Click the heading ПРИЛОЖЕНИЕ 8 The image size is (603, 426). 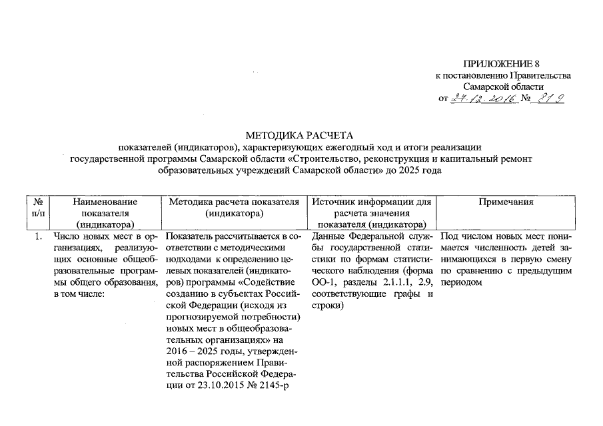click(x=502, y=65)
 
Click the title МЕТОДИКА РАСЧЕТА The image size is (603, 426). click(x=301, y=135)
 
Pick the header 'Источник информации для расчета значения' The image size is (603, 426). click(x=372, y=207)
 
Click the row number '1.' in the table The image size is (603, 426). click(x=39, y=236)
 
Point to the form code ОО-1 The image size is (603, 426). click(x=322, y=284)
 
